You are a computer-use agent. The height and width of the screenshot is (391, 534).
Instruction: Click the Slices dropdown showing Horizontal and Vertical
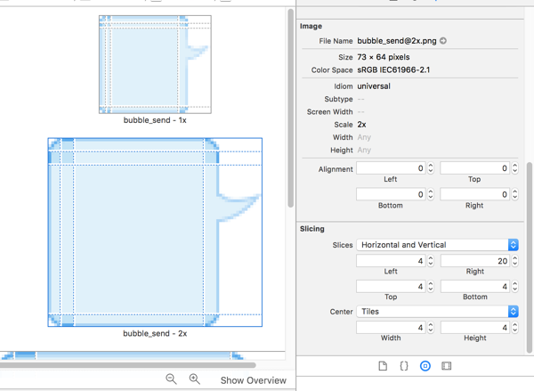pyautogui.click(x=437, y=245)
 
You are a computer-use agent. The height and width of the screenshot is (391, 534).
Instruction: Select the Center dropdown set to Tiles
pyautogui.click(x=437, y=312)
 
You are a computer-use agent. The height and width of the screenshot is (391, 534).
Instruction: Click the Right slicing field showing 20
pyautogui.click(x=474, y=261)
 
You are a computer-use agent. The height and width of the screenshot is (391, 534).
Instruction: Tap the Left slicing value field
pyautogui.click(x=391, y=261)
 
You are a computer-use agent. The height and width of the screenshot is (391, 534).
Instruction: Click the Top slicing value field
pyautogui.click(x=391, y=286)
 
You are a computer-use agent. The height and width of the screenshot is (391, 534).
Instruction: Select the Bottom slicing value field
pyautogui.click(x=474, y=286)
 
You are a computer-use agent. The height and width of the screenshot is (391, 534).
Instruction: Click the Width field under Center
pyautogui.click(x=391, y=328)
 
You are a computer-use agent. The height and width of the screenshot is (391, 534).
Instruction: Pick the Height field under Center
pyautogui.click(x=474, y=328)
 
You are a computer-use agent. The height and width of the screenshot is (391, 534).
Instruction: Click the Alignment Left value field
pyautogui.click(x=391, y=168)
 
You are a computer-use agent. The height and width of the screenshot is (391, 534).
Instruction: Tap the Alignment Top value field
pyautogui.click(x=474, y=168)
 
